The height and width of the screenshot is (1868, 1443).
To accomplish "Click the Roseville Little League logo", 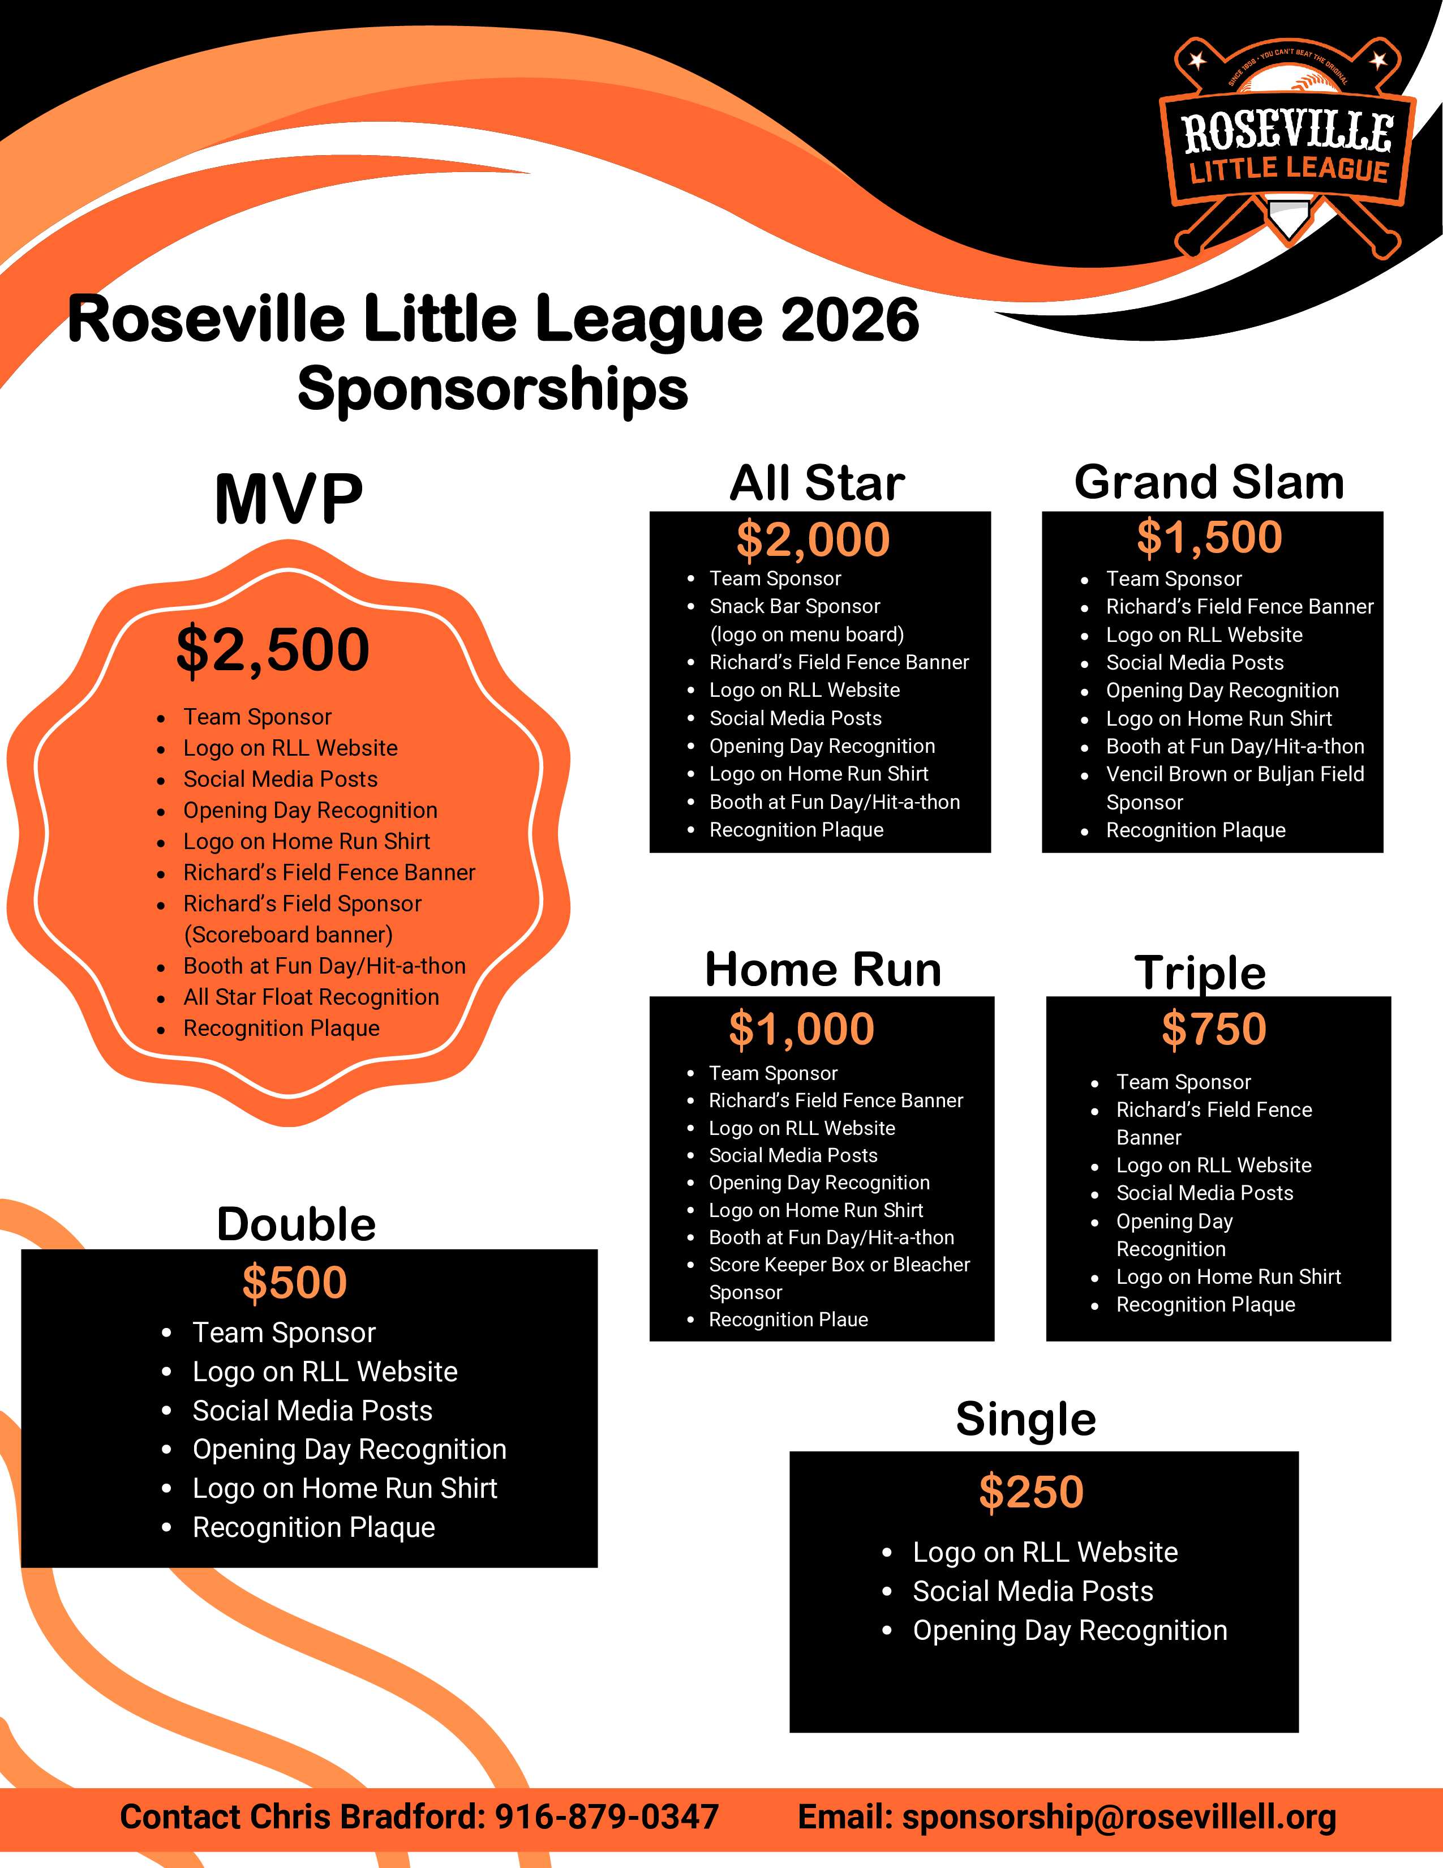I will pyautogui.click(x=1287, y=145).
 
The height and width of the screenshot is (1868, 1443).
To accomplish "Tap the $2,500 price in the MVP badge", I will pyautogui.click(x=273, y=650).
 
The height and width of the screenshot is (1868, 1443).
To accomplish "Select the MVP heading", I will pyautogui.click(x=289, y=499).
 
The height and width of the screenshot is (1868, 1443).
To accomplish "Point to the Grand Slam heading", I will pyautogui.click(x=1209, y=482).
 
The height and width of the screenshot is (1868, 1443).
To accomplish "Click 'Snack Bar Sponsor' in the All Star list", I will pyautogui.click(x=794, y=606).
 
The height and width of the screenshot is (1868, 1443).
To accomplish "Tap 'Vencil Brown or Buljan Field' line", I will pyautogui.click(x=1234, y=774).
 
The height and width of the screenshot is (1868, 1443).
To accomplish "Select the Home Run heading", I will pyautogui.click(x=822, y=970).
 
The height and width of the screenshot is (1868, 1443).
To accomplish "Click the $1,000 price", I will pyautogui.click(x=801, y=1028).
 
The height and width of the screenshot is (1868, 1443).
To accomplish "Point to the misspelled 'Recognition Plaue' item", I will pyautogui.click(x=788, y=1319).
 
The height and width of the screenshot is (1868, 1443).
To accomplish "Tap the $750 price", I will pyautogui.click(x=1213, y=1028).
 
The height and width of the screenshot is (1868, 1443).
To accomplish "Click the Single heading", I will pyautogui.click(x=1026, y=1419).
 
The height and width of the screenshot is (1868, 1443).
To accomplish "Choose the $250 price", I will pyautogui.click(x=1031, y=1492).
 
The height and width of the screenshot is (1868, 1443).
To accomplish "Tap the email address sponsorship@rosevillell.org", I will pyautogui.click(x=1119, y=1816).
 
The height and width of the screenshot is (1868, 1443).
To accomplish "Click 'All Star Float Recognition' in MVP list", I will pyautogui.click(x=311, y=997).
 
